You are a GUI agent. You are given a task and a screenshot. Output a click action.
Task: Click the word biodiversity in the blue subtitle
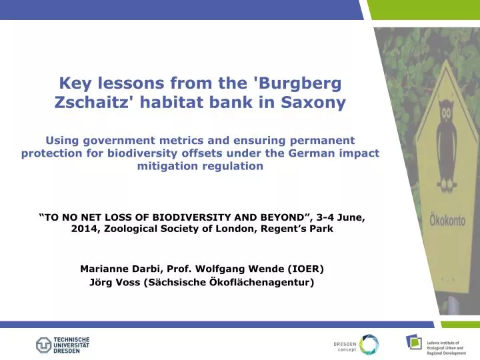(x=211, y=153)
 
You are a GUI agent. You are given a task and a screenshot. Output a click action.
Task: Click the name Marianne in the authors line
(x=104, y=269)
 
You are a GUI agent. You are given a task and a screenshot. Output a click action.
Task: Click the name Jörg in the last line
(x=101, y=282)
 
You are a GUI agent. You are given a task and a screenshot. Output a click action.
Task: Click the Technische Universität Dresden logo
(x=63, y=345)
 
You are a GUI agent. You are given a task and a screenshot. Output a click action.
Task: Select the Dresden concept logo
(x=356, y=344)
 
